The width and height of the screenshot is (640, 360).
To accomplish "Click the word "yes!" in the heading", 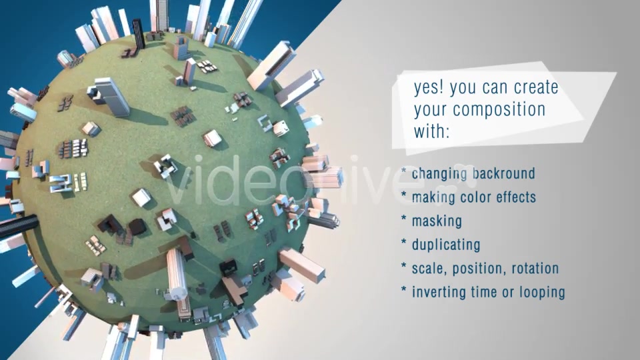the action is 429,87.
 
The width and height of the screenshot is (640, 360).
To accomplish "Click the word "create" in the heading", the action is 536,87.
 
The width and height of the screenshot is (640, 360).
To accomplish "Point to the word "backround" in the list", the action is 504,173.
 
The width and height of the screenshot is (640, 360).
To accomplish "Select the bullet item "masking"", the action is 437,221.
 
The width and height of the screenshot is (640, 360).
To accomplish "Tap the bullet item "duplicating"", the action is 446,245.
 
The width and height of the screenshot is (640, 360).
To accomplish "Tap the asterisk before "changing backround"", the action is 404,171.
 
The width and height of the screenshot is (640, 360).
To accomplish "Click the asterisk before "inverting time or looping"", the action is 404,290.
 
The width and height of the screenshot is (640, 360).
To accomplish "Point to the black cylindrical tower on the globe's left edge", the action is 19,226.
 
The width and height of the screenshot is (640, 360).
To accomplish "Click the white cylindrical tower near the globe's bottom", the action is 177,274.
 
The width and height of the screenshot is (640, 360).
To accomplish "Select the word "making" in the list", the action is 433,197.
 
